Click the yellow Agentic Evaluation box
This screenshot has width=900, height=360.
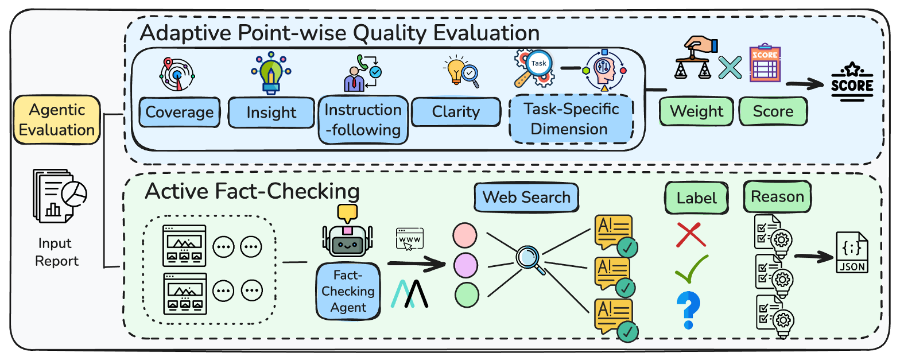[56, 119]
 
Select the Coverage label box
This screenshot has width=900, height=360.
[179, 112]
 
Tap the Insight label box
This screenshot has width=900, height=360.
[271, 112]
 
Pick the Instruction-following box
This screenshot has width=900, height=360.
[363, 119]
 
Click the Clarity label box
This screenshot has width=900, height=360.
[456, 111]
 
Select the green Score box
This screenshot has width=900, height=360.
[773, 111]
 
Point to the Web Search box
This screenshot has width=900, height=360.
[526, 198]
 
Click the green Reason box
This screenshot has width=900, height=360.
[777, 197]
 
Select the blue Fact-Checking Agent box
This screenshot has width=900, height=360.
[348, 291]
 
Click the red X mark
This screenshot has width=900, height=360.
[692, 235]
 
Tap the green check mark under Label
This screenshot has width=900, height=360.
[692, 270]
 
